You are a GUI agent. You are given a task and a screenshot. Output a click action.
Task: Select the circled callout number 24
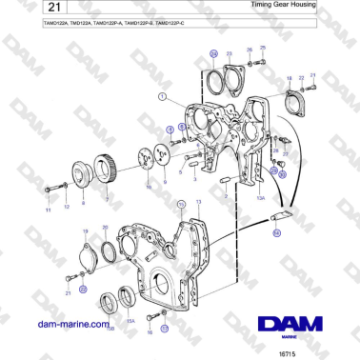[212, 53]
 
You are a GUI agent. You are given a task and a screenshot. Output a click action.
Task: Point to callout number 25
[263, 48]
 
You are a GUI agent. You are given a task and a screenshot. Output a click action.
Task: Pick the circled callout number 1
[163, 95]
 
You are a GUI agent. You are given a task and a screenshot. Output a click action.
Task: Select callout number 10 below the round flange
[147, 189]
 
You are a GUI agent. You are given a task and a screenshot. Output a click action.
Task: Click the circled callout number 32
[277, 230]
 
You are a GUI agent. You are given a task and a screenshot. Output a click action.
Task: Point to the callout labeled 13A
[258, 199]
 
